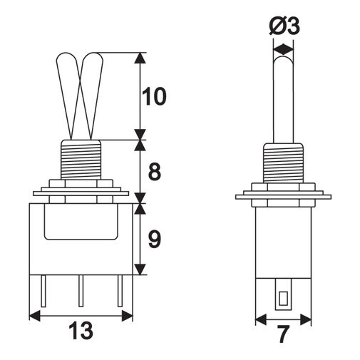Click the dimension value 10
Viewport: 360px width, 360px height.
point(154,96)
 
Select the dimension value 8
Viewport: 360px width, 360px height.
point(155,171)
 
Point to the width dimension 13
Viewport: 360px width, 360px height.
point(81,331)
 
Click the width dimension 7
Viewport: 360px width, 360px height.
point(284,334)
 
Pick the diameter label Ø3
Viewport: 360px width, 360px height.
point(284,26)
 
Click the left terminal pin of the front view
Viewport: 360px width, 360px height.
point(43,291)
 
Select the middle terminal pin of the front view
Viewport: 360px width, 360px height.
point(81,291)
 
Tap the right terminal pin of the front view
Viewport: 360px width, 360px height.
point(120,291)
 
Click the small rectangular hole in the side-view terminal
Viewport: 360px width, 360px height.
point(283,298)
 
